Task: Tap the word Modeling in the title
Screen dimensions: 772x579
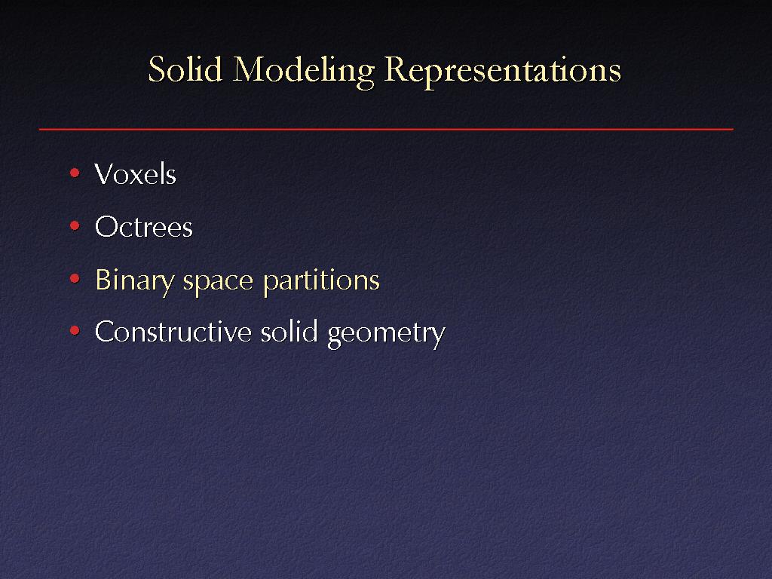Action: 303,72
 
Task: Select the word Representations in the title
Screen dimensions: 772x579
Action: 503,72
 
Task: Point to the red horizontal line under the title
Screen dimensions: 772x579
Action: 386,129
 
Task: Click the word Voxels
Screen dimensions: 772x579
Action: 136,174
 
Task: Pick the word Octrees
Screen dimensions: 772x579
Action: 144,226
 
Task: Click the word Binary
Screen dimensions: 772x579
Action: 134,281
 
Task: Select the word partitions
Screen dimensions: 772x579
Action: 321,281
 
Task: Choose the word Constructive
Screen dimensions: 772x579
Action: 173,331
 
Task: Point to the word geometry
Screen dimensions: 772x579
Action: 386,334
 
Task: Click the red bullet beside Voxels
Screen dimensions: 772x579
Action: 75,173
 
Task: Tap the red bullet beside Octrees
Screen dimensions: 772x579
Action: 75,226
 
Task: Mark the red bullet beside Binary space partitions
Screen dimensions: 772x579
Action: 75,279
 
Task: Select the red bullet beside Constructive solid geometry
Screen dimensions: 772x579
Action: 75,331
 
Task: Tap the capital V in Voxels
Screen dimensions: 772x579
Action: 105,174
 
